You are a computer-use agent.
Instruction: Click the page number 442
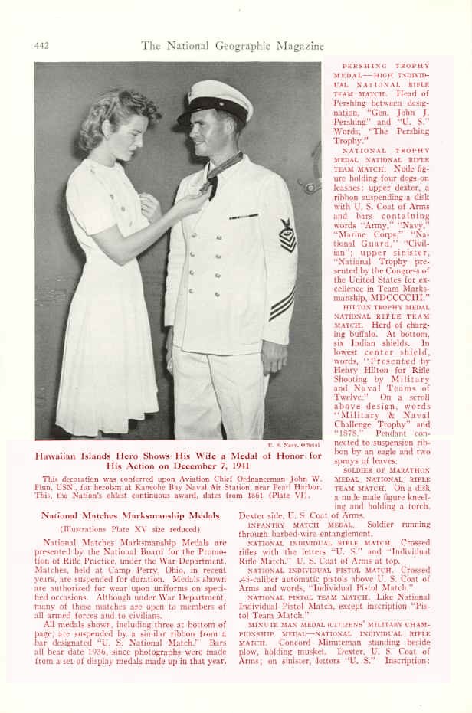pyautogui.click(x=42, y=46)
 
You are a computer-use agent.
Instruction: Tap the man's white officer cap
pyautogui.click(x=215, y=100)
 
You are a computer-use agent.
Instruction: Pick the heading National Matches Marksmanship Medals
pyautogui.click(x=129, y=515)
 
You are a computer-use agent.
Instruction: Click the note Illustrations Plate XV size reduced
pyautogui.click(x=129, y=528)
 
